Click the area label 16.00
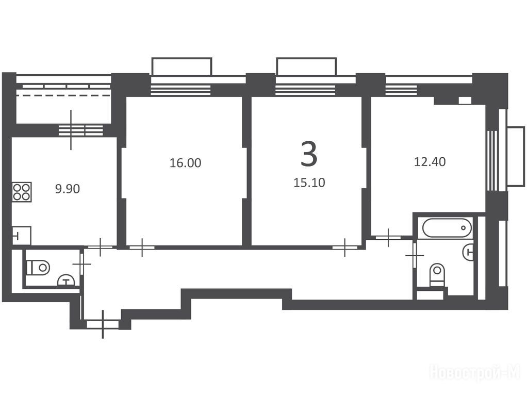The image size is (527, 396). coord(185,163)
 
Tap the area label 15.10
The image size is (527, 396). coord(309,183)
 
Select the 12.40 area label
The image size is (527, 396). coord(430,162)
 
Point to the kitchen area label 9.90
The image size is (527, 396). coord(68,189)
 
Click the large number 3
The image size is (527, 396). coord(309,154)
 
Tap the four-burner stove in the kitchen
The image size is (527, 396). coord(22,192)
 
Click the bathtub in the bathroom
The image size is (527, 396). coord(447,228)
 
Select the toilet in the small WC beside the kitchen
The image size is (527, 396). coord(38,268)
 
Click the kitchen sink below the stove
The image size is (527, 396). coord(22,235)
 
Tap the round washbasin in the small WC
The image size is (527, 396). coord(67,280)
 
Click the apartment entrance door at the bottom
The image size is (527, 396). coord(103,324)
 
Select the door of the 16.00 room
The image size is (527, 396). coord(142,247)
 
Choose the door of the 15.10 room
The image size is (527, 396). coord(345,247)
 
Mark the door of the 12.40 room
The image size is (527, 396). coord(388,237)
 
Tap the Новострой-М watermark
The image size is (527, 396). coord(475,373)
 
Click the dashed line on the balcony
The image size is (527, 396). coord(63,95)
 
